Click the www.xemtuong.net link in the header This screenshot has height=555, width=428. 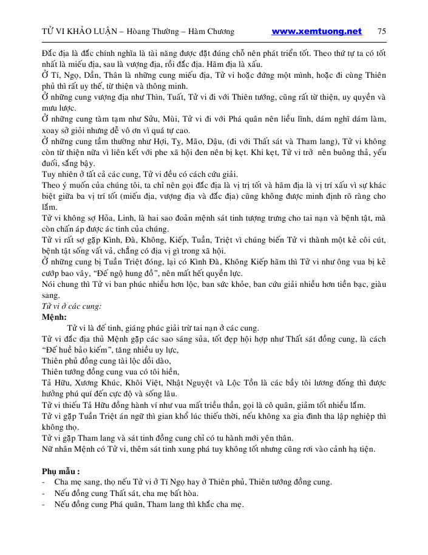[316, 32]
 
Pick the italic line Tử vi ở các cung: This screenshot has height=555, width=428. [72, 306]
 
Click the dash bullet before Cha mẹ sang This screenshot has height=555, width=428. [44, 482]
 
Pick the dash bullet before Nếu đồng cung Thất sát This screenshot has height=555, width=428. [44, 493]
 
